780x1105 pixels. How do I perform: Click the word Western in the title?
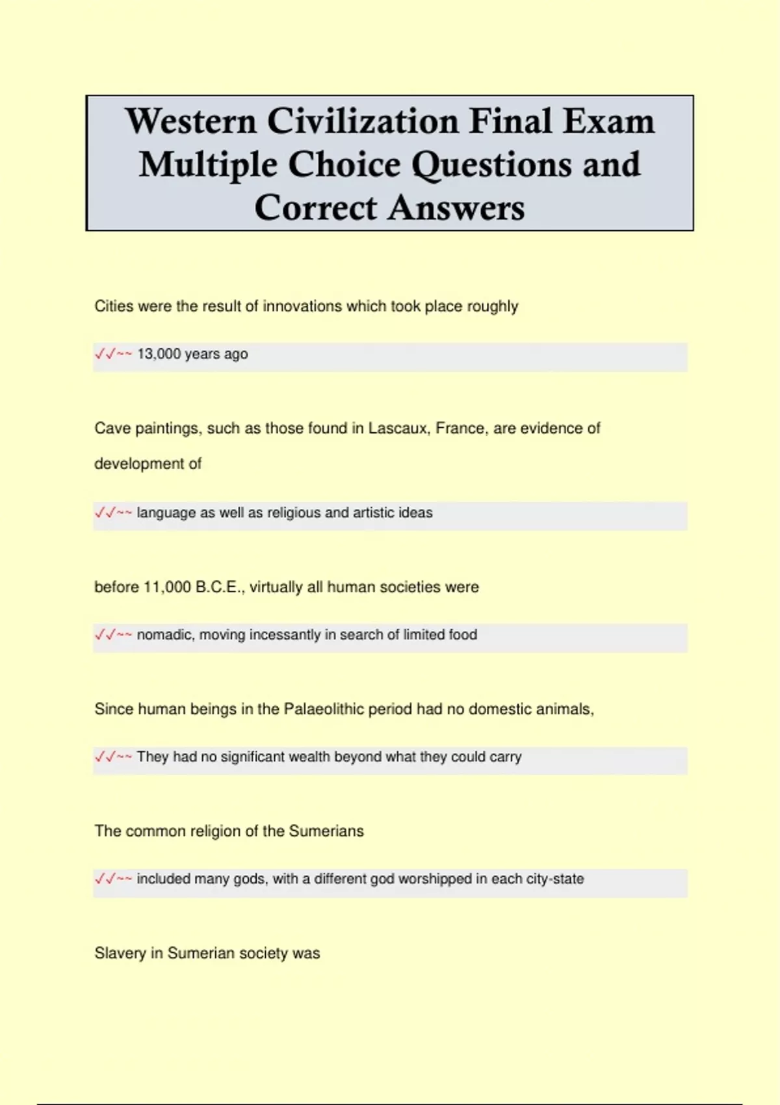[190, 122]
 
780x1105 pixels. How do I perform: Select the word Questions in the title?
[493, 164]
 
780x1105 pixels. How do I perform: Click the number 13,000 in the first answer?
[159, 354]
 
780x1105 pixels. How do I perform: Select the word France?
[461, 428]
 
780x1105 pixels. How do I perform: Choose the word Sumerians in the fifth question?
[326, 831]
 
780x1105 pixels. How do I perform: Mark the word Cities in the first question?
[114, 306]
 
